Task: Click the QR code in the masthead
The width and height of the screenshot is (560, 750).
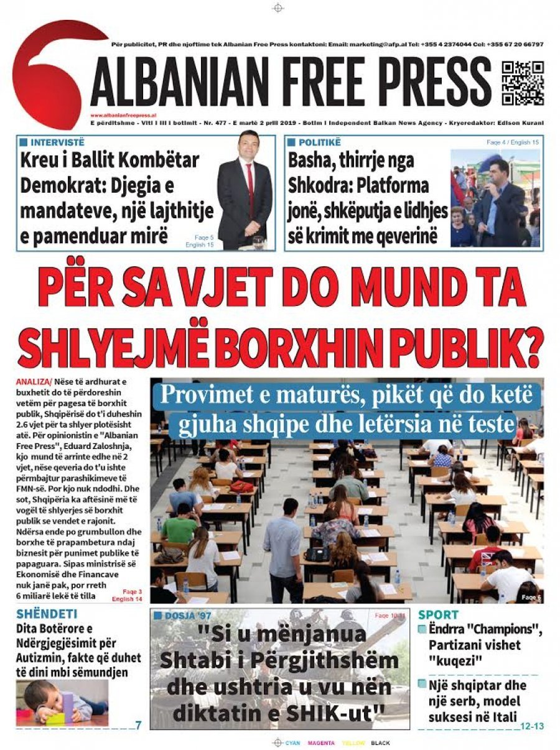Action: click(523, 83)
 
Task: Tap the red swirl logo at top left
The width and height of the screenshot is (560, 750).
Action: click(53, 72)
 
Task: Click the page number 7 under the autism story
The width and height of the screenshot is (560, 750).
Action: click(138, 725)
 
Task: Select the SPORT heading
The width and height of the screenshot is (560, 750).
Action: click(439, 614)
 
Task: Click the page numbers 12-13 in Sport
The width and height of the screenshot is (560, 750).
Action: click(532, 725)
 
